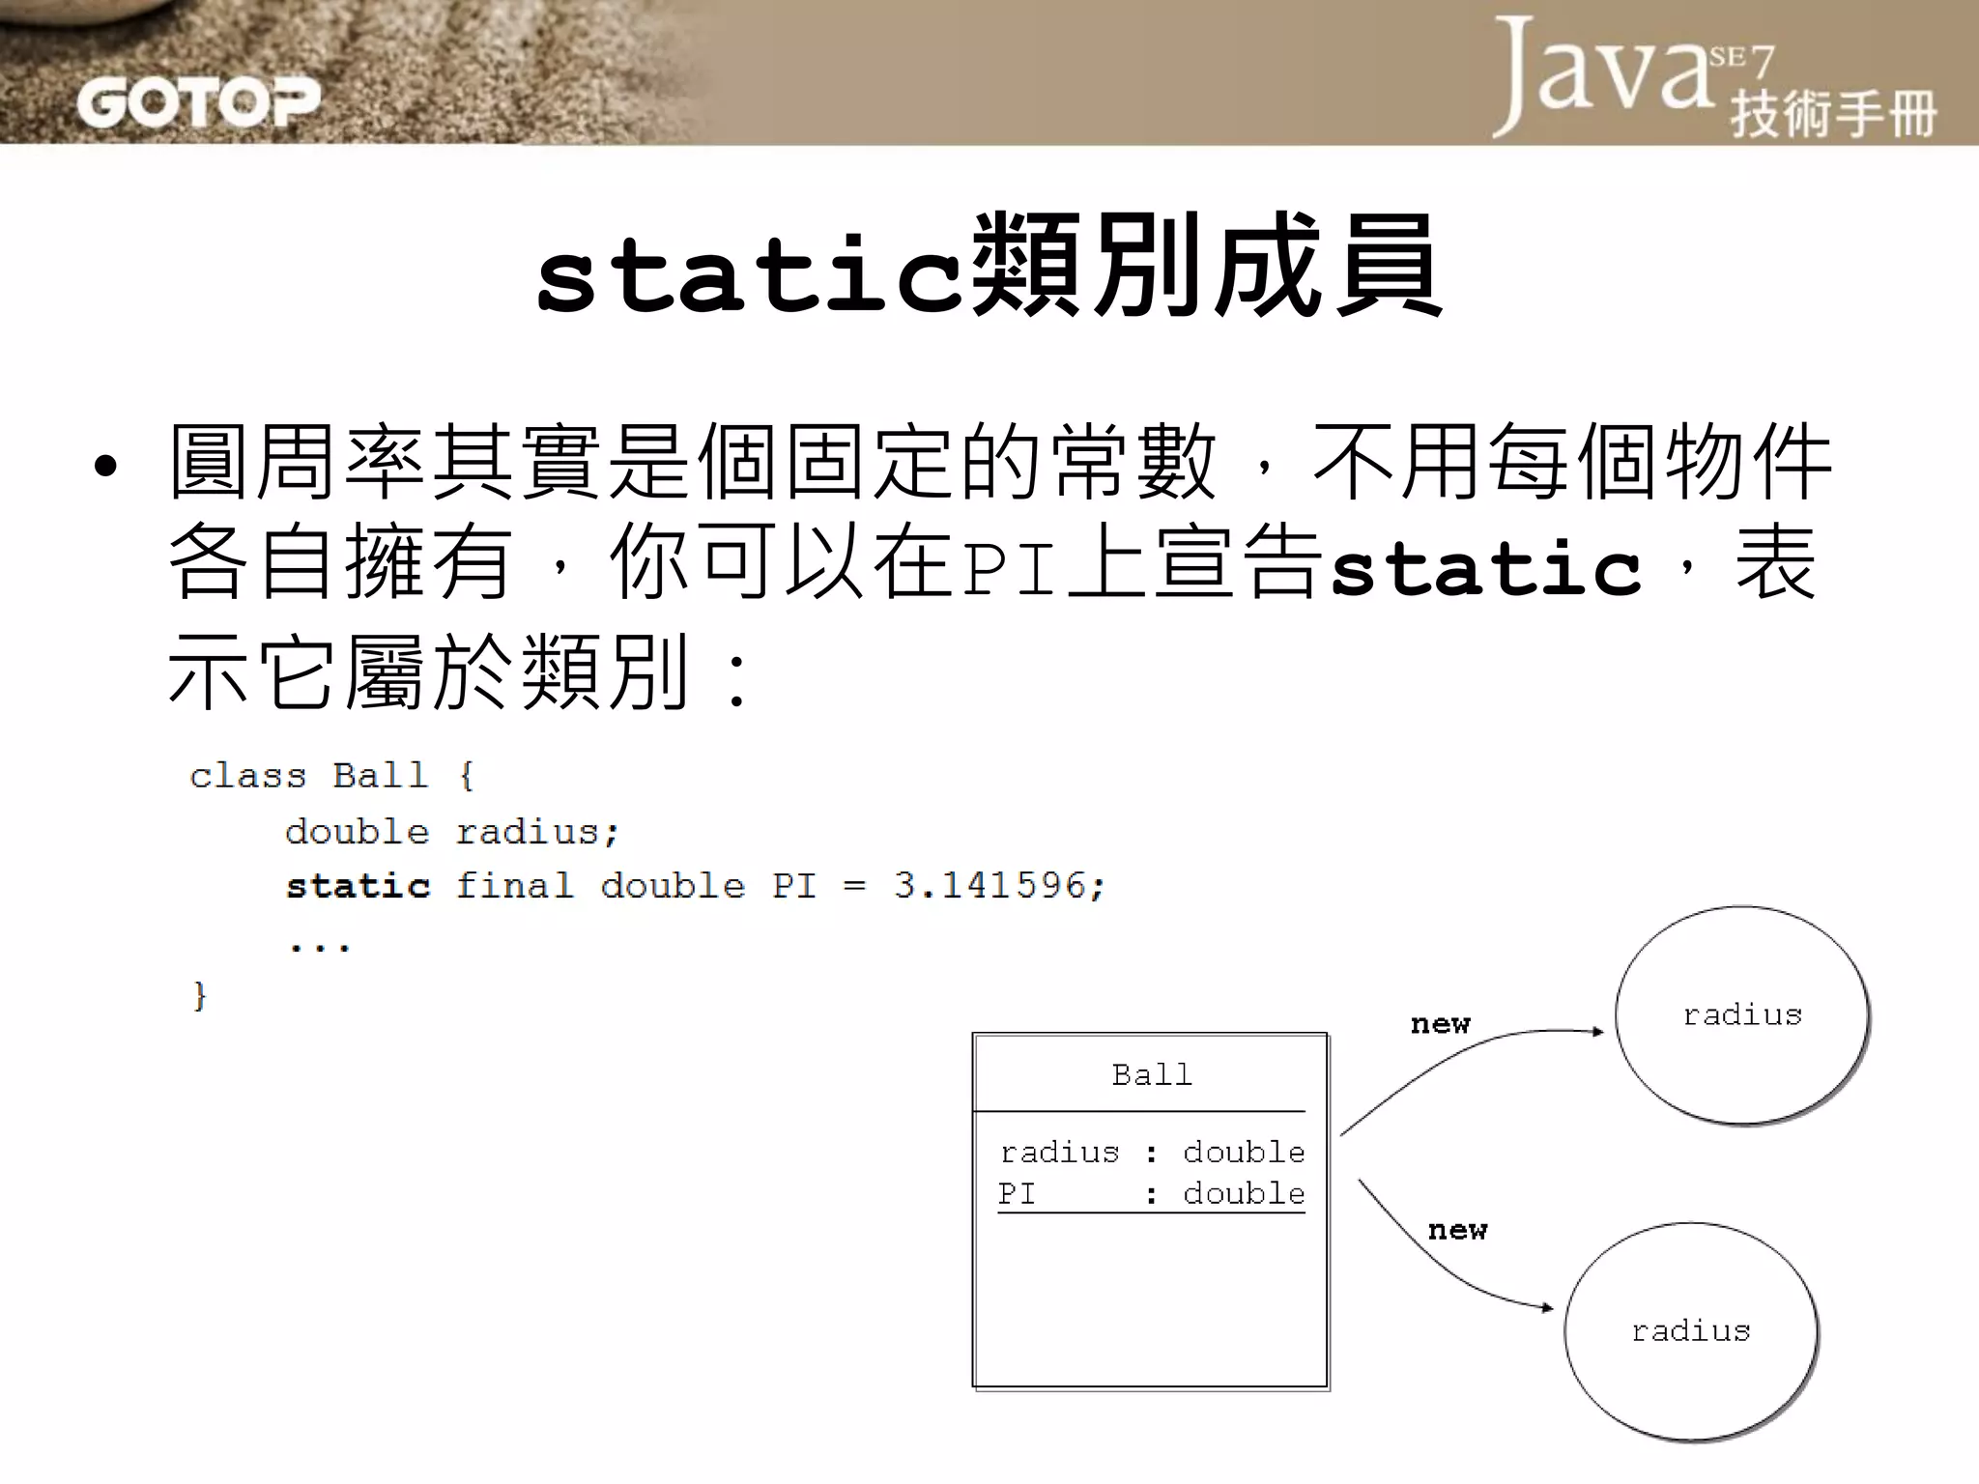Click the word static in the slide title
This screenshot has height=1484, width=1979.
pos(749,276)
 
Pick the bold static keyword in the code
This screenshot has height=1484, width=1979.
pos(358,886)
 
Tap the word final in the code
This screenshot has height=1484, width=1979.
pos(514,885)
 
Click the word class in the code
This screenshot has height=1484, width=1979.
pos(247,775)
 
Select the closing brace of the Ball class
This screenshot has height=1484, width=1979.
pos(200,995)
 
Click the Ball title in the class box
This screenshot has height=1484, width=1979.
pos(1151,1074)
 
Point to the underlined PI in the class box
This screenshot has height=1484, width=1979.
pos(1017,1194)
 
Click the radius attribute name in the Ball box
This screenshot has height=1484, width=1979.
pos(1059,1152)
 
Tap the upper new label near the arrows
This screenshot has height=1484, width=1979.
pos(1440,1024)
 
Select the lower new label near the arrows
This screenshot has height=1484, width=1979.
pos(1457,1231)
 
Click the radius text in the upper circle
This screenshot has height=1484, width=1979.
pos(1742,1014)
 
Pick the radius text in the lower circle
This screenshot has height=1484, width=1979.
pos(1691,1331)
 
